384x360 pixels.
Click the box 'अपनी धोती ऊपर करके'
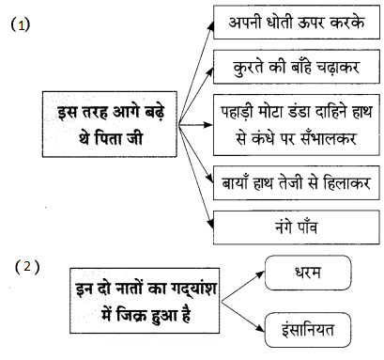coord(297,22)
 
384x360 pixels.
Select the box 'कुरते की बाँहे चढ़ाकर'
coord(297,67)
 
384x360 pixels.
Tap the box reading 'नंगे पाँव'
coord(297,227)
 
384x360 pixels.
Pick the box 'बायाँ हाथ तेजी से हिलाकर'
coord(297,182)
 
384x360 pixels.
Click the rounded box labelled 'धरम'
coord(308,273)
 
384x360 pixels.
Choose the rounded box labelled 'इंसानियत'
coord(308,330)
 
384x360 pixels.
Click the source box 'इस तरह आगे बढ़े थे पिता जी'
coord(110,124)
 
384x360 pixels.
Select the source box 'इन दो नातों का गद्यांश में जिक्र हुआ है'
coord(145,301)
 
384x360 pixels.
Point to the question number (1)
coord(21,24)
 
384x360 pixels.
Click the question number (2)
coord(27,267)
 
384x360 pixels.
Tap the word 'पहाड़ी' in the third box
coord(238,112)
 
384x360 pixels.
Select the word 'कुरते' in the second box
coord(248,68)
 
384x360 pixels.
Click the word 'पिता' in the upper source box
coord(108,138)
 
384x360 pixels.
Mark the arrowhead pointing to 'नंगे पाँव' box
coord(210,224)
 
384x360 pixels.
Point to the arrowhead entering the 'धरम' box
coord(260,275)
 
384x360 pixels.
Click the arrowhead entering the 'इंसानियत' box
coord(260,328)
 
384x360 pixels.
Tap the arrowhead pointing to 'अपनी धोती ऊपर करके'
coord(211,26)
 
